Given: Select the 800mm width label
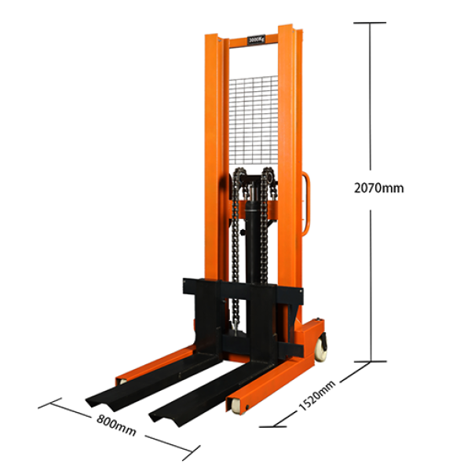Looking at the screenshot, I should pyautogui.click(x=115, y=428).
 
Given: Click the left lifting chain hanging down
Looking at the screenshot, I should pyautogui.click(x=235, y=251).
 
